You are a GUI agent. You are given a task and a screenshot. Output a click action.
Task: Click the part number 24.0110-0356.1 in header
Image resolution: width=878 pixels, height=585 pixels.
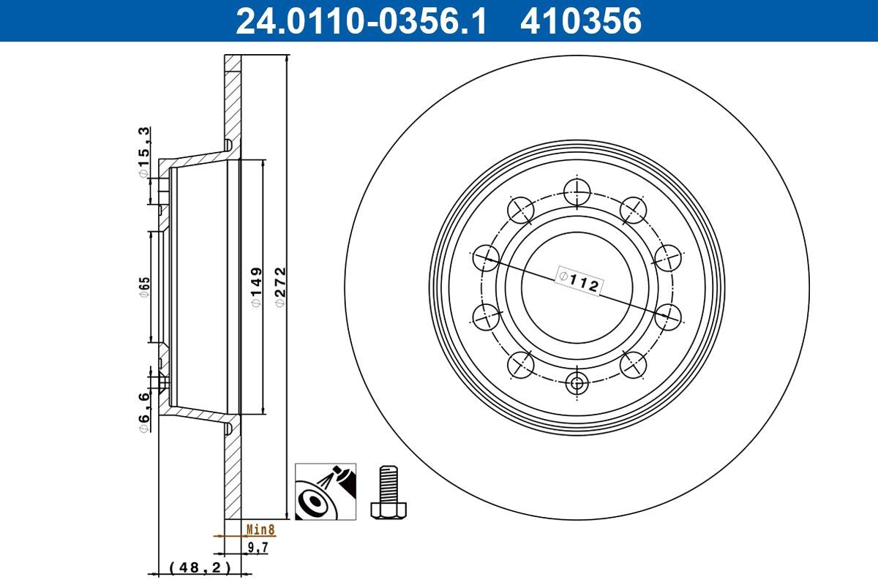click(x=360, y=20)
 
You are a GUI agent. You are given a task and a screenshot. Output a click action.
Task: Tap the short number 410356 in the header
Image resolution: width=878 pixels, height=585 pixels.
click(x=580, y=20)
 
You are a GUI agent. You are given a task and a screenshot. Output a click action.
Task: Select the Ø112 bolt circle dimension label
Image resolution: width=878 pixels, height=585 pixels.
click(x=579, y=281)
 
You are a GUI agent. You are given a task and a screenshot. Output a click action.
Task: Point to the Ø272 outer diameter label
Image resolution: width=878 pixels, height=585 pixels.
click(x=278, y=287)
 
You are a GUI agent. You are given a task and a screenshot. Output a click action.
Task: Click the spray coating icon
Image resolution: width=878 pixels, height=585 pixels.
click(x=326, y=491)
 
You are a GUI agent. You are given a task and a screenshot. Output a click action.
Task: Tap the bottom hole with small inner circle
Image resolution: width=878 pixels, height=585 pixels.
click(x=577, y=381)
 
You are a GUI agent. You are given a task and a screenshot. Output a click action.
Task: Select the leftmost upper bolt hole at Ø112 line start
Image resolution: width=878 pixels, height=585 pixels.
click(x=487, y=257)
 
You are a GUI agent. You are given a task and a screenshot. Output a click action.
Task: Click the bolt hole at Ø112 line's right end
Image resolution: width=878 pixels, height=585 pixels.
click(x=668, y=317)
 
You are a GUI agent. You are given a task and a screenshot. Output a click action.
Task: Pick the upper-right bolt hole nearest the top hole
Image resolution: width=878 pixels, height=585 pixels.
click(x=633, y=211)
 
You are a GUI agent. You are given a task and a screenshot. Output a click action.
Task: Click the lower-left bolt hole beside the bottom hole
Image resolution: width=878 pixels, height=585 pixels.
click(x=521, y=363)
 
